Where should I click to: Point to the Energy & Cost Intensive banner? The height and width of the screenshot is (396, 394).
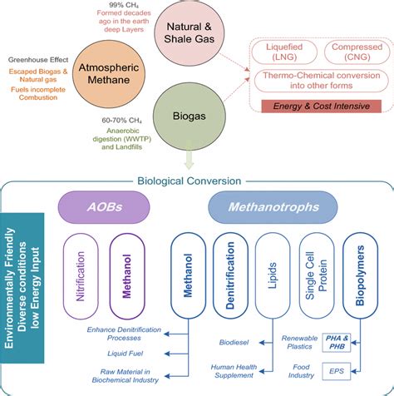pyautogui.click(x=320, y=106)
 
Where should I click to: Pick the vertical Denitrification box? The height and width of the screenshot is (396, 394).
pyautogui.click(x=228, y=274)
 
